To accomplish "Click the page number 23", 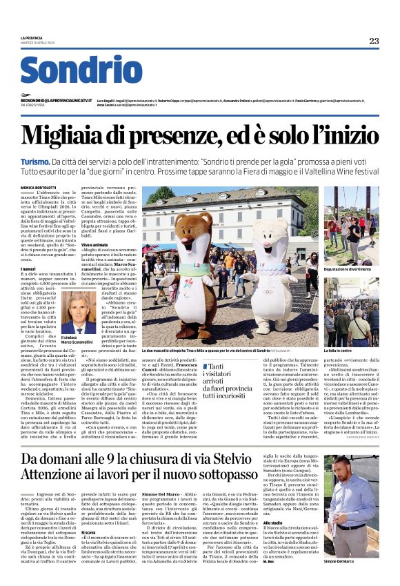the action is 373,41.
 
